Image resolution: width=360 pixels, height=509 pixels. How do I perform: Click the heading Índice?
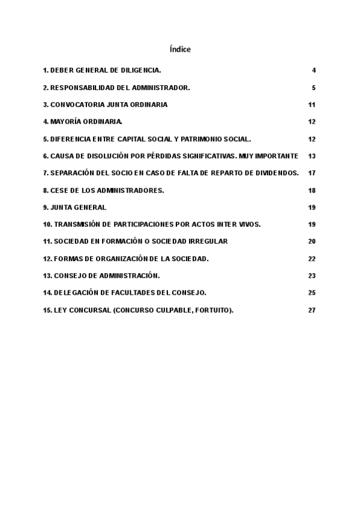pyautogui.click(x=180, y=49)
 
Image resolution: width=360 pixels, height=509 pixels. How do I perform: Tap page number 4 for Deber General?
pyautogui.click(x=314, y=70)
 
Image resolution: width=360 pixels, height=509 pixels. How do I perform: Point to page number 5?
pyautogui.click(x=314, y=88)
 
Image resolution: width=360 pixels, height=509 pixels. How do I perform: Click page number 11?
pyautogui.click(x=312, y=104)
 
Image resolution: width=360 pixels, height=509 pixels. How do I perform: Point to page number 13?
pyautogui.click(x=312, y=156)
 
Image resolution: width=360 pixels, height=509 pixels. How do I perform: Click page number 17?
pyautogui.click(x=312, y=173)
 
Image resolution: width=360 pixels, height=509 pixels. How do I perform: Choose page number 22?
pyautogui.click(x=312, y=259)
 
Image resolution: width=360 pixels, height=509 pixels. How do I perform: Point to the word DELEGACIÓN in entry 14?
pyautogui.click(x=76, y=293)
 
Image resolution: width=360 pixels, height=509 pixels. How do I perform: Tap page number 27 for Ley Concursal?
pyautogui.click(x=312, y=310)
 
